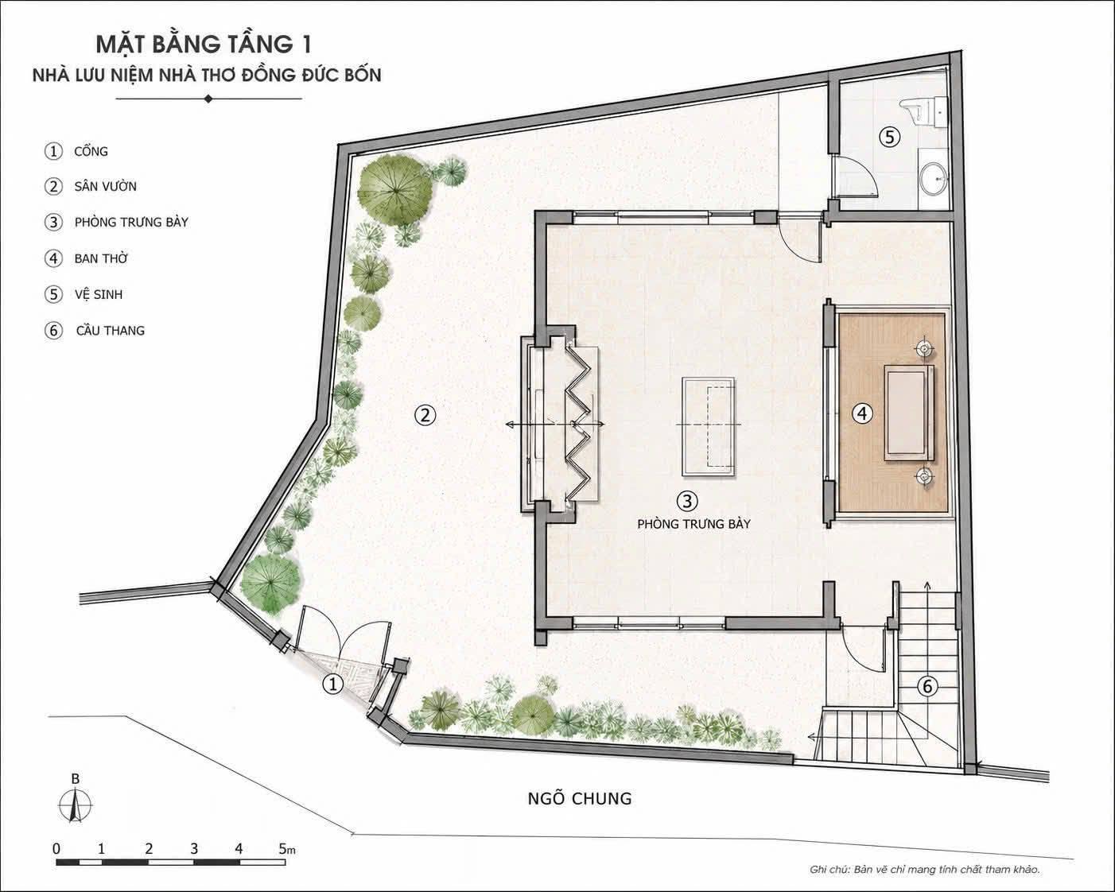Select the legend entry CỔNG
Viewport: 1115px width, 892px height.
pos(91,152)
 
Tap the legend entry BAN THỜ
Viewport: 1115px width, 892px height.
pos(101,258)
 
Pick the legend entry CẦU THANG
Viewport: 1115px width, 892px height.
pos(111,331)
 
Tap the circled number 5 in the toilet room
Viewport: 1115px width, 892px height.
pos(890,138)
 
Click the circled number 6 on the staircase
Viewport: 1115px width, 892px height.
pos(927,686)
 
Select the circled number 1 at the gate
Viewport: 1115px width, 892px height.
pos(332,685)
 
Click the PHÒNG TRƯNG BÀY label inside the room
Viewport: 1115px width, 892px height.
pos(693,524)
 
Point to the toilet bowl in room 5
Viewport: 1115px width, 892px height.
pos(918,111)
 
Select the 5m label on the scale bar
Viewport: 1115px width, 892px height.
pos(287,848)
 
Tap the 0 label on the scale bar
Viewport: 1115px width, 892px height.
pos(56,848)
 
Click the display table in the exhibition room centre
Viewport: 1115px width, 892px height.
pos(709,426)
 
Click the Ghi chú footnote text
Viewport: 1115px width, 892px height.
pos(925,869)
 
